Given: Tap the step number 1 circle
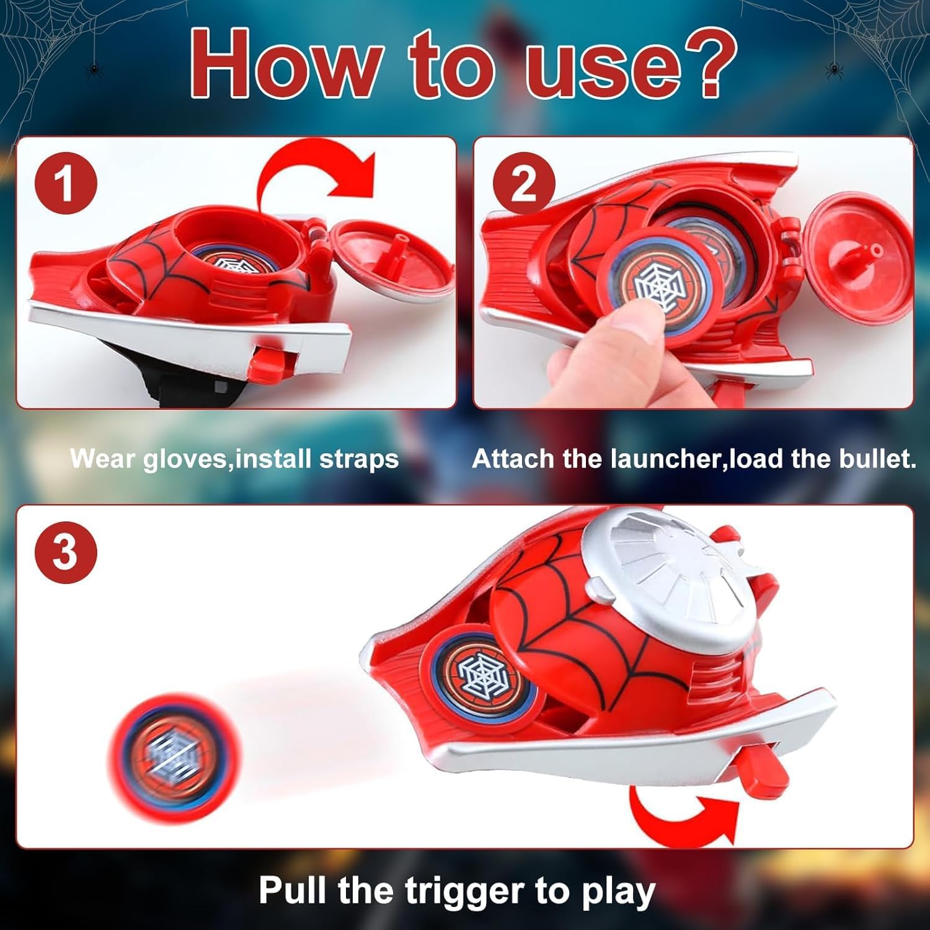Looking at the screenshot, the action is click(x=66, y=184).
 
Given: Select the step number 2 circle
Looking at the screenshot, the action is click(x=524, y=184).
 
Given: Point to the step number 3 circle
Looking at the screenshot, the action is click(x=66, y=552).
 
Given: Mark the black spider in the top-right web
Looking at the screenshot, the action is click(x=832, y=69).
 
